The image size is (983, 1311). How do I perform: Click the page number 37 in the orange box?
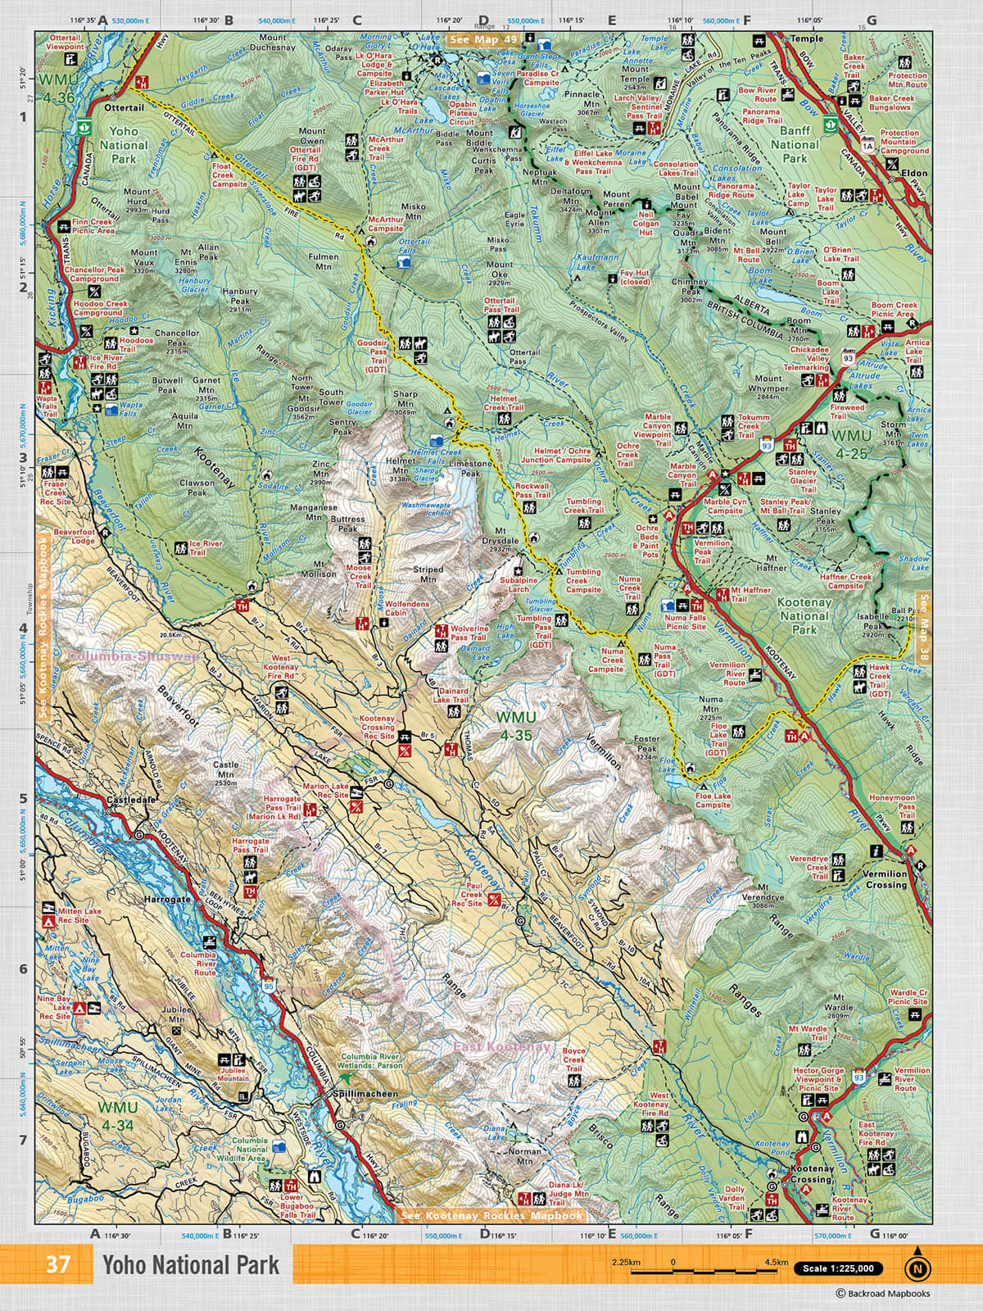pos(57,1264)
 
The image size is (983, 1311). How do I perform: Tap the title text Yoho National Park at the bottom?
pos(190,1265)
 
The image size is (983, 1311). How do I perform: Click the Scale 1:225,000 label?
pos(839,1268)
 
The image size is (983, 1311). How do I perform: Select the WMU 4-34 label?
pos(115,1114)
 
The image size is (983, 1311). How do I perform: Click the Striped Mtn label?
pos(427,574)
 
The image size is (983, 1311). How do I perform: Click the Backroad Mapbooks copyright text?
pos(885,1294)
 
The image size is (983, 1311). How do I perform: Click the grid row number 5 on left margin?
pos(23,799)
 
